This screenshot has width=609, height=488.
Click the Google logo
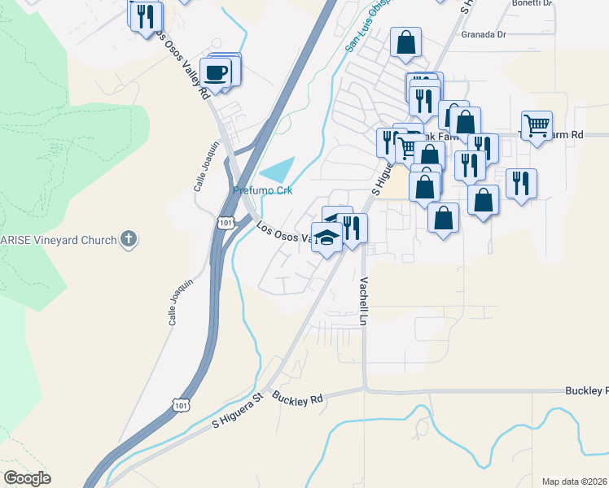click(27, 478)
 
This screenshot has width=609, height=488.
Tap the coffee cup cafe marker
click(216, 72)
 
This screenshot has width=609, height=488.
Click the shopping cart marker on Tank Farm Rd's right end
click(537, 126)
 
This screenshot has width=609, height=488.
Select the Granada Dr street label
click(484, 35)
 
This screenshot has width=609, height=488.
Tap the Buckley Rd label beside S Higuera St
click(298, 399)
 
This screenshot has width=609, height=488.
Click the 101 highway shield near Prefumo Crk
click(226, 221)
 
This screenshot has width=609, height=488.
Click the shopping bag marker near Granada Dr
click(405, 43)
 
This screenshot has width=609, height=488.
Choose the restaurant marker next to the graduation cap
click(352, 227)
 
